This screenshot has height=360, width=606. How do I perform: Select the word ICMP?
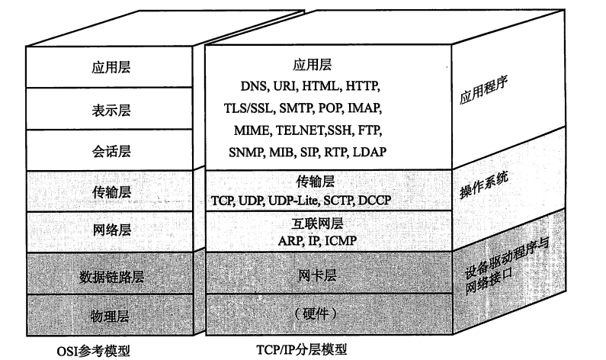[341, 241]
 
